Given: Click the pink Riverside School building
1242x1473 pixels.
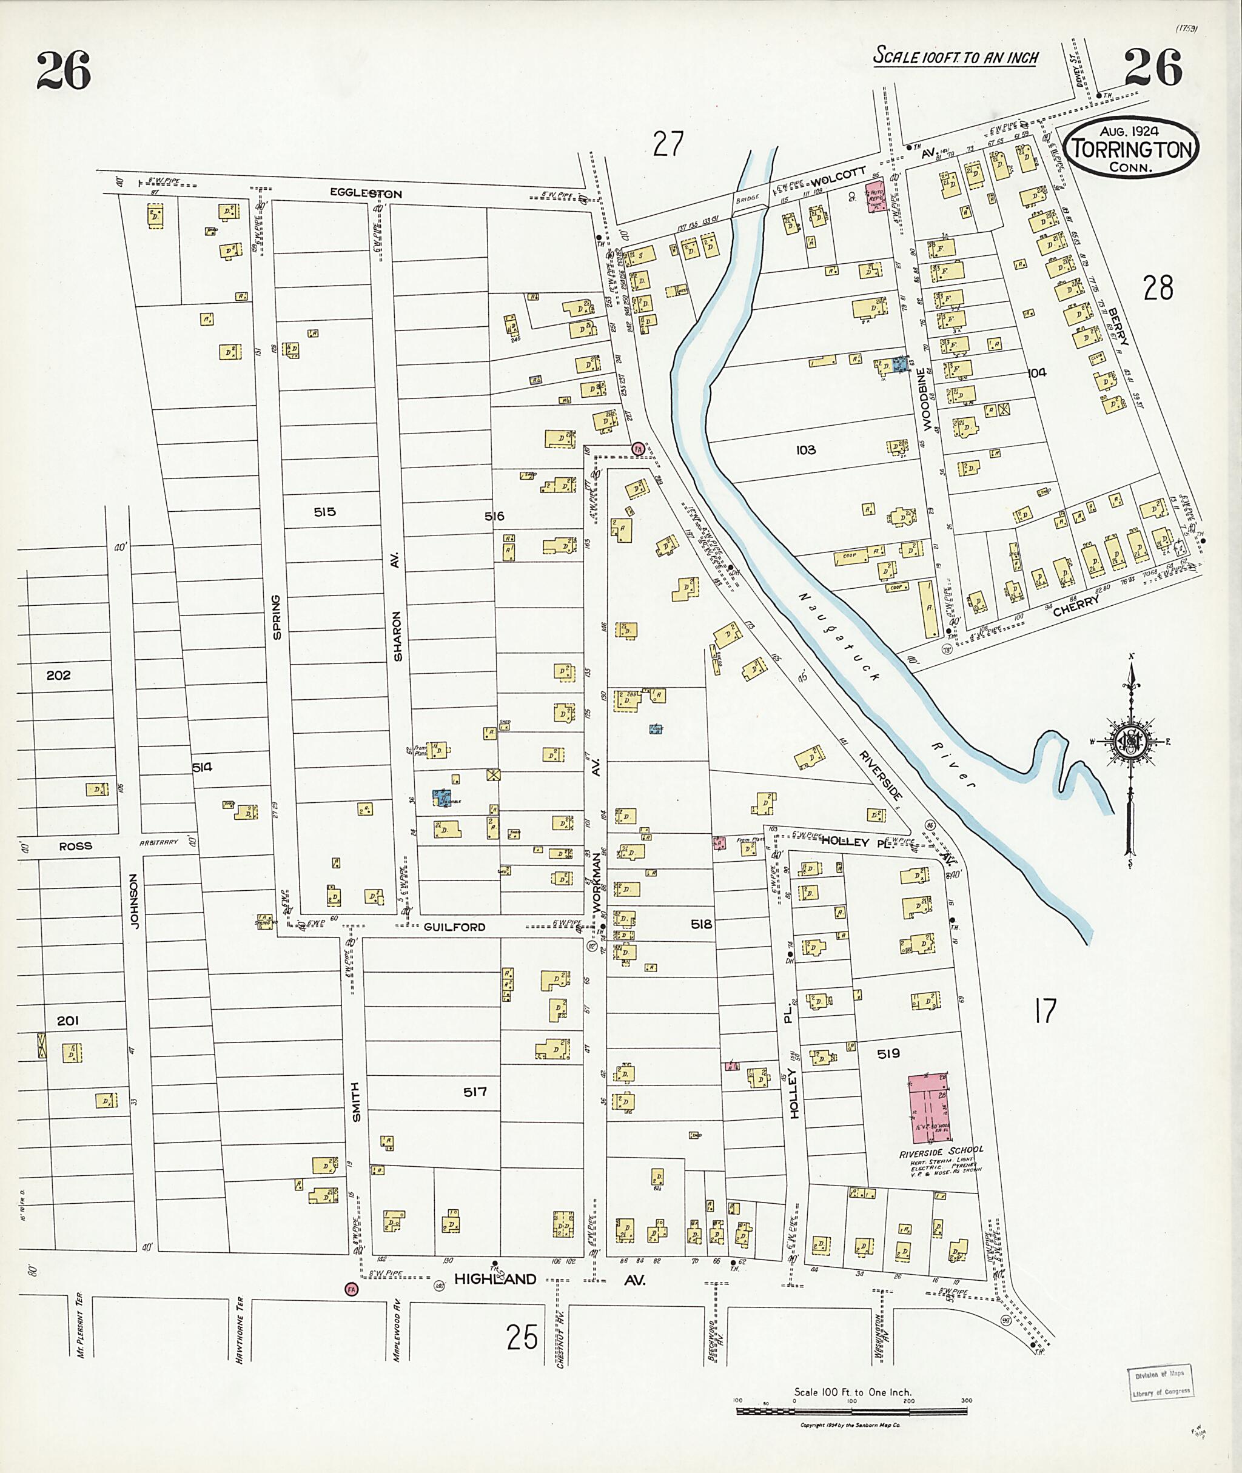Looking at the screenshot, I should [927, 1109].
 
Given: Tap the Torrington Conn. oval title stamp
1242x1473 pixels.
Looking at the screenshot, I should [1130, 149].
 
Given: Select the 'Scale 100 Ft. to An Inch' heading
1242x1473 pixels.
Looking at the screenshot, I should [955, 56].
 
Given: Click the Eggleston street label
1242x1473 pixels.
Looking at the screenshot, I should [366, 193].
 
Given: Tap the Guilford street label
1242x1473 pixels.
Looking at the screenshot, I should [454, 927].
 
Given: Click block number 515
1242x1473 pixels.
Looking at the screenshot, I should [324, 512].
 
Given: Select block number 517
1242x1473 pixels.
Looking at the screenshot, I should [475, 1092].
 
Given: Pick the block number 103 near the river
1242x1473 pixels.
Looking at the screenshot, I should [805, 449].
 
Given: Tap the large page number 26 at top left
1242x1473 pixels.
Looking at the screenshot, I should [63, 70].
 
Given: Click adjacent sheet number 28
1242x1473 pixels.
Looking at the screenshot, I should [1158, 287].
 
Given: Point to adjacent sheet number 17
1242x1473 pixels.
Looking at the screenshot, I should [1045, 1011].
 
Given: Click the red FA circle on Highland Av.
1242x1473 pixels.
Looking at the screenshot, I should [351, 1289].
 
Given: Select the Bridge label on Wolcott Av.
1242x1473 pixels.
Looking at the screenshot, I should [748, 198].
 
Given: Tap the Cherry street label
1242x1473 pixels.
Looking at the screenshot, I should [1076, 606].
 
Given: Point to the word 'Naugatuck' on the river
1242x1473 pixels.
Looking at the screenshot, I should [839, 636].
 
